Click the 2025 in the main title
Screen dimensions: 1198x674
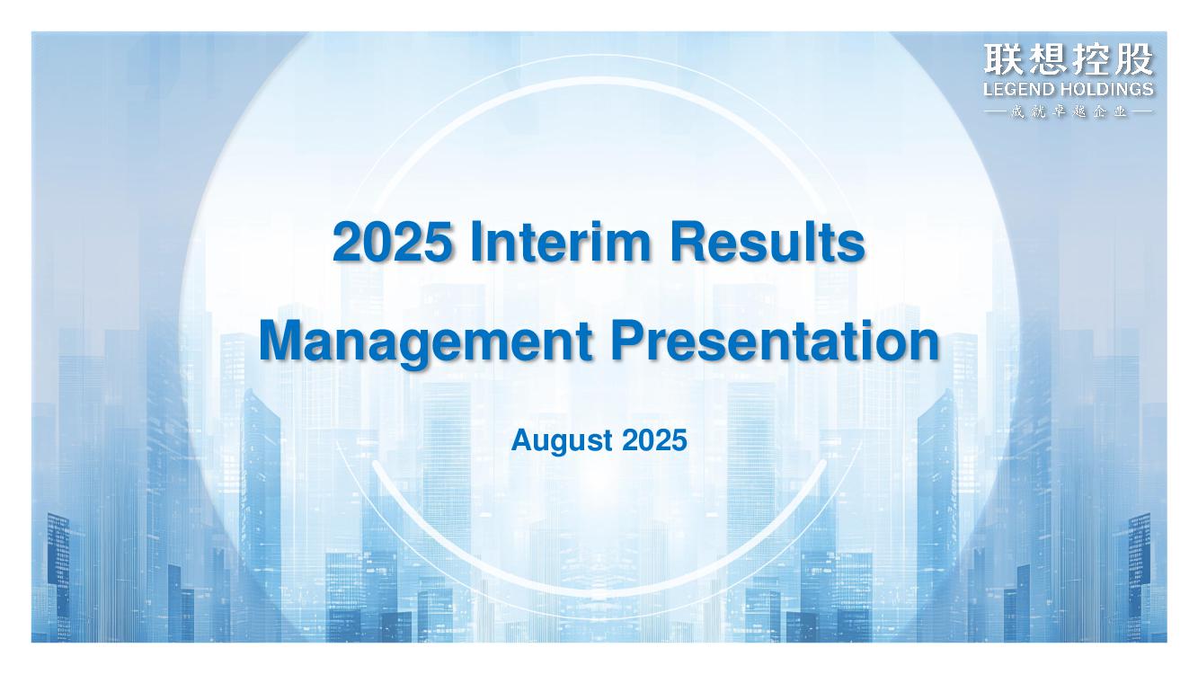(392, 242)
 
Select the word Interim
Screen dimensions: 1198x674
(561, 242)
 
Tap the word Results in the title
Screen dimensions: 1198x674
(768, 242)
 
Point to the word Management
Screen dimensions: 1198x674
(426, 342)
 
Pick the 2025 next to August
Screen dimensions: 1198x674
(654, 440)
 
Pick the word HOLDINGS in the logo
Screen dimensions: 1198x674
(1106, 89)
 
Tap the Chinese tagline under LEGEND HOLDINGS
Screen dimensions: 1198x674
(1069, 112)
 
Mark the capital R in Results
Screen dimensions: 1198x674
(688, 242)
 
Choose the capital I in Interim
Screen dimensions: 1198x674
(476, 242)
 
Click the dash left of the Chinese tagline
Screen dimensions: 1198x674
(995, 112)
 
